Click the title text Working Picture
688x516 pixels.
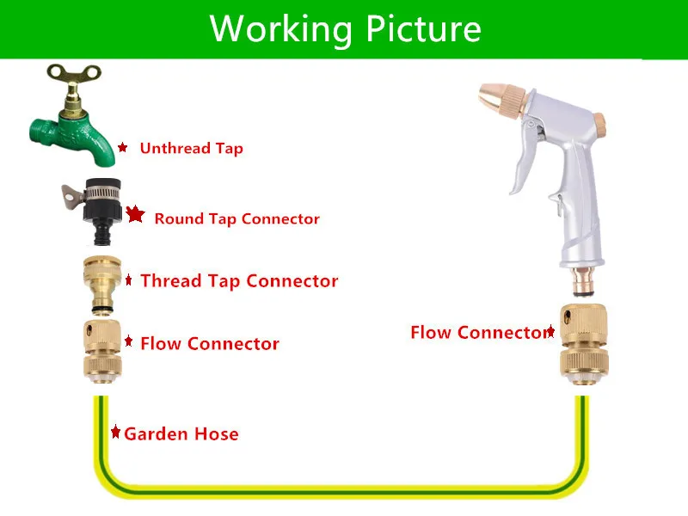coord(345,28)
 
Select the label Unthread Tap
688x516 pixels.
coord(191,149)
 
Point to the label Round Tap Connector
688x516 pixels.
coord(236,218)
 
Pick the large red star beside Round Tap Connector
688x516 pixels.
coord(135,215)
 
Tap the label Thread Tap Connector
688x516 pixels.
coord(239,281)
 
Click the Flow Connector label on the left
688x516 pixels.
coord(209,344)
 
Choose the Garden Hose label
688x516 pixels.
coord(181,433)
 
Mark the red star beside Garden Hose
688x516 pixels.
coord(115,432)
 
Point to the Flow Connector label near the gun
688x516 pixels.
coord(479,333)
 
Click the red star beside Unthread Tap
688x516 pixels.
coord(123,148)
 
